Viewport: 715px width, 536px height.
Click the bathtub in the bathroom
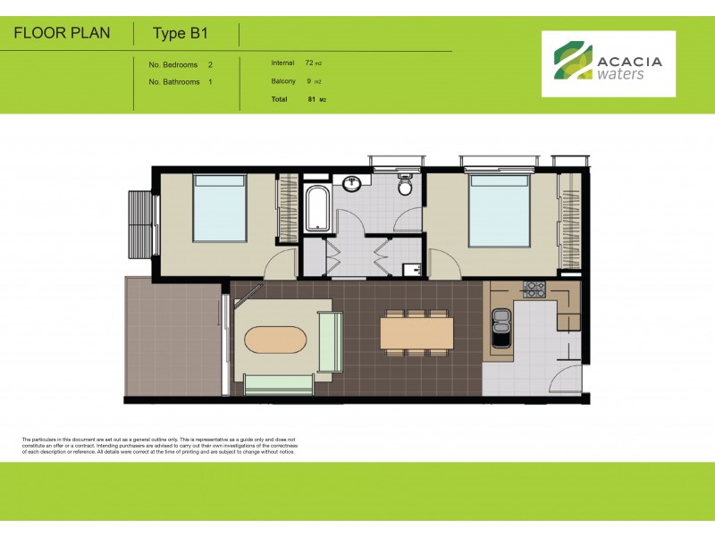click(316, 208)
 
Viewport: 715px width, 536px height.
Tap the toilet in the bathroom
click(405, 186)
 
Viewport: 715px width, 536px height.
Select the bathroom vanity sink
click(353, 184)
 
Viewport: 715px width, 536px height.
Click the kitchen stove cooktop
click(535, 289)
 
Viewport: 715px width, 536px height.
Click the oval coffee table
click(275, 342)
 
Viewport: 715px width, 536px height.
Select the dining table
click(416, 332)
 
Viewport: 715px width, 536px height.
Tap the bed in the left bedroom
click(219, 208)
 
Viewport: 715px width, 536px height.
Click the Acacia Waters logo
click(608, 64)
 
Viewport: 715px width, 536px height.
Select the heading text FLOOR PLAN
click(63, 34)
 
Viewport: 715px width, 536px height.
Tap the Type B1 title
click(180, 34)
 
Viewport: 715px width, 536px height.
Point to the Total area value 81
click(311, 98)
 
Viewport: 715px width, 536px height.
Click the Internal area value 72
click(309, 63)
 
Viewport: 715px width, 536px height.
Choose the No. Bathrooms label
click(173, 81)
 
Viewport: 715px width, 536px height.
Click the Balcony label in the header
click(283, 81)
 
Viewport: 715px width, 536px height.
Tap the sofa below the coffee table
click(278, 385)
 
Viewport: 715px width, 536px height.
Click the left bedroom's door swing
click(283, 264)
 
